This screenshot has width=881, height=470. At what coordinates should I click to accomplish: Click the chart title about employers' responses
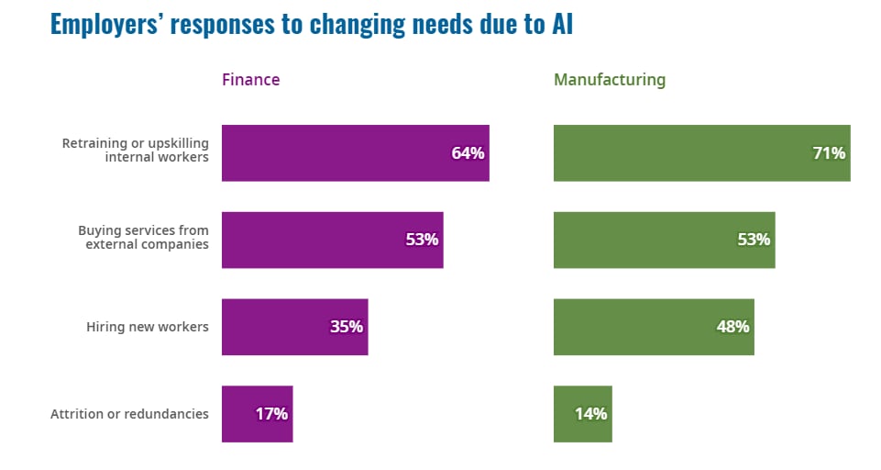pos(311,24)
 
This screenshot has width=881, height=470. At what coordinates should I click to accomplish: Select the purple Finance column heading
pos(250,80)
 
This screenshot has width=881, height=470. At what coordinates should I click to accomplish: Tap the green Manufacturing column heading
pos(609,80)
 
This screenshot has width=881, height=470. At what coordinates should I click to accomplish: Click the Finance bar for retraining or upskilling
pos(355,153)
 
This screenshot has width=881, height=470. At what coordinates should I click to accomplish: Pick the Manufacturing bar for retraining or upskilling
pos(701,153)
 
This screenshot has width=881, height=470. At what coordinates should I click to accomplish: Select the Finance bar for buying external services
pos(332,241)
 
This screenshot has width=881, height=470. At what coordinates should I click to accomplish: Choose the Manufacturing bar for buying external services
pos(664,241)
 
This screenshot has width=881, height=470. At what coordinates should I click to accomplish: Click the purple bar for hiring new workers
pos(294,327)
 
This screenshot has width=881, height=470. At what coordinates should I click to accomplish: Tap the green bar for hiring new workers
pos(654,327)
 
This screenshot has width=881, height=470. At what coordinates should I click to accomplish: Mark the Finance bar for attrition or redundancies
pos(257,414)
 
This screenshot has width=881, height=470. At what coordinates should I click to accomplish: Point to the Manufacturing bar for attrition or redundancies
pos(582,414)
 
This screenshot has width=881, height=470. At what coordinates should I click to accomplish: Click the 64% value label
pos(467,153)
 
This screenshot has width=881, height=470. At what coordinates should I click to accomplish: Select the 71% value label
pos(829,153)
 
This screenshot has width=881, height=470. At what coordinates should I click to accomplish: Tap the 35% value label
pos(347,327)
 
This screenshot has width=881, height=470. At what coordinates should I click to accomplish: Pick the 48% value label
pos(732,327)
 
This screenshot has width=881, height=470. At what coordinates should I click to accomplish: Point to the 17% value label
pos(271,414)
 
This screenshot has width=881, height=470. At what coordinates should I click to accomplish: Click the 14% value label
pos(590,414)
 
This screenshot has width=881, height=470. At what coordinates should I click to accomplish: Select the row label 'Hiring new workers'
pos(148,327)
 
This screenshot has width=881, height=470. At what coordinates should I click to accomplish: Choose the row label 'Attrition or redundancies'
pos(129,414)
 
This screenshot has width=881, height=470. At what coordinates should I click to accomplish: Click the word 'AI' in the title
pos(561,24)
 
